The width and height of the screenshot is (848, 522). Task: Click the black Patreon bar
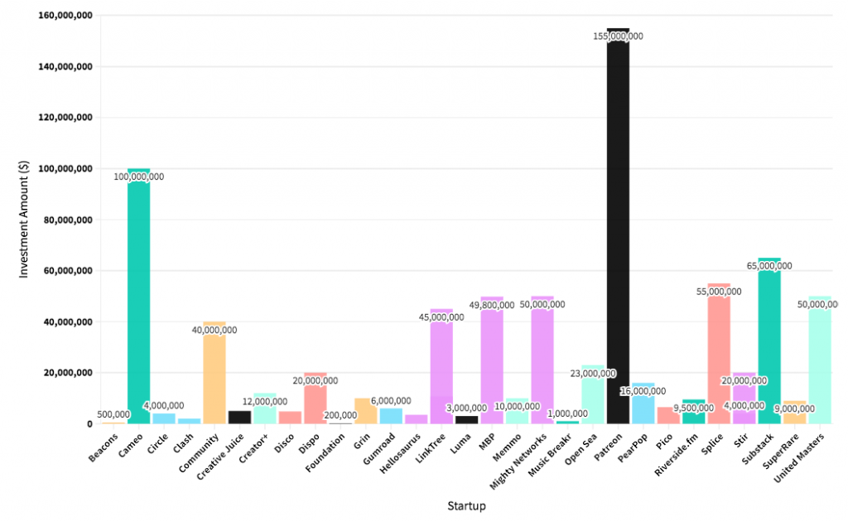point(618,232)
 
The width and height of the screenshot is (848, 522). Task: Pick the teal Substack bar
point(769,348)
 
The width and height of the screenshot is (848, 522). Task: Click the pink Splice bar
point(719,356)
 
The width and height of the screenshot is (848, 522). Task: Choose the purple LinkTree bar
point(441,373)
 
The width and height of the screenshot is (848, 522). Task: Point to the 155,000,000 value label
point(618,36)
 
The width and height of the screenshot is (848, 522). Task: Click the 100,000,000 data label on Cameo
point(138,176)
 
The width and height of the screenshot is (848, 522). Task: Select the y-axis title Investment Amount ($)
point(24,219)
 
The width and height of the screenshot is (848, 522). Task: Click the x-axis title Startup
point(466,505)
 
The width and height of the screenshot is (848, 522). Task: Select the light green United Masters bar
point(820,365)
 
